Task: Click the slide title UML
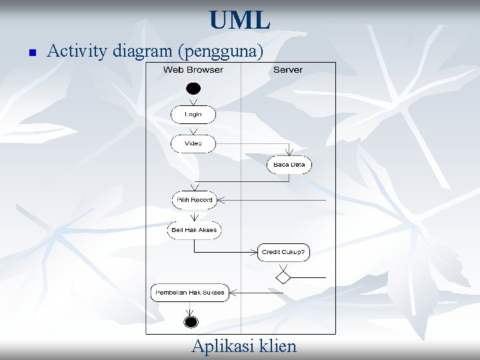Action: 239,20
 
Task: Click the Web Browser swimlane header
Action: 193,70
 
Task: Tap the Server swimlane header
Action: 288,70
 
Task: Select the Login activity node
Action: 193,115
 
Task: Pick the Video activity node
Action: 193,143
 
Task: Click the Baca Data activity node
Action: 289,165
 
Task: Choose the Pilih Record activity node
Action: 193,200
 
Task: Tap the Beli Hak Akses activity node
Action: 194,229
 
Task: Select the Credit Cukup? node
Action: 283,252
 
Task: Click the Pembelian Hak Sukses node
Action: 190,293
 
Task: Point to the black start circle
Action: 193,88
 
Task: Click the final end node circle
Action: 191,323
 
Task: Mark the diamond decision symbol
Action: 283,276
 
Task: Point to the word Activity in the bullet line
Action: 78,51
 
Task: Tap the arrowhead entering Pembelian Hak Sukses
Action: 233,293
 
